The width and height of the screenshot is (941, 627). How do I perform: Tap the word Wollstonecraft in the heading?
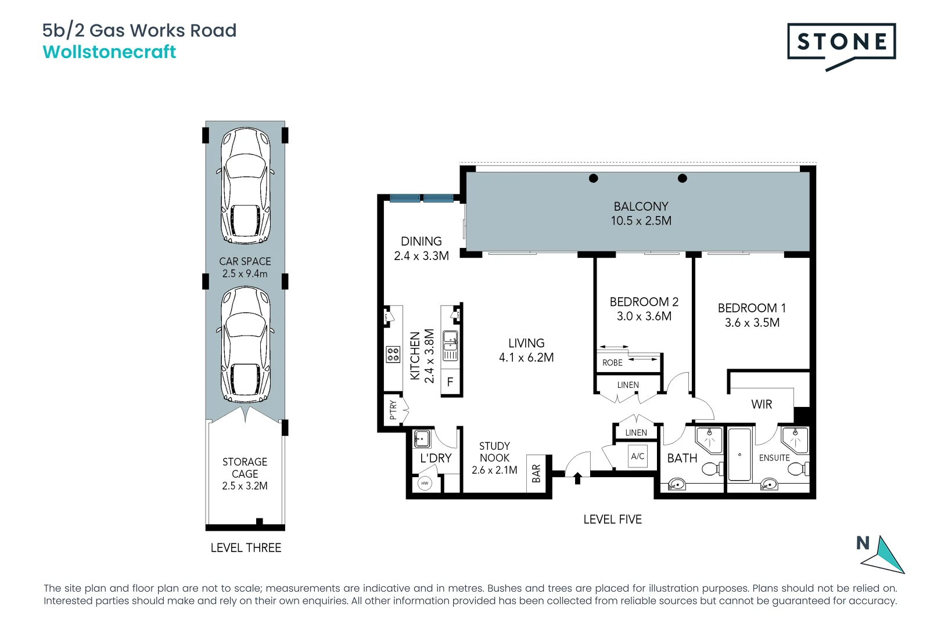(x=109, y=52)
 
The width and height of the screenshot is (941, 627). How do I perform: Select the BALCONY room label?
(x=641, y=207)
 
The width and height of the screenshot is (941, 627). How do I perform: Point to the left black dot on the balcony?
(x=593, y=178)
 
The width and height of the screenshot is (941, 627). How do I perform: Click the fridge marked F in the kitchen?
(x=450, y=383)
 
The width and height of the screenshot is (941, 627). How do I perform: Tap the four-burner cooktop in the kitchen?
(x=393, y=354)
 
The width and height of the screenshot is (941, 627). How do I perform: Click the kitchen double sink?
(x=450, y=345)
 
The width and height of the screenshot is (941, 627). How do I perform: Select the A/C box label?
(x=637, y=456)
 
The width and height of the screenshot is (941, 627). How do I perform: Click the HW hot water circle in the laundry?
(x=425, y=483)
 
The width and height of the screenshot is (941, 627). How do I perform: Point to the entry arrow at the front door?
(x=577, y=478)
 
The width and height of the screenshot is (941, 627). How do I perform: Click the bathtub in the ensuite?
(x=739, y=455)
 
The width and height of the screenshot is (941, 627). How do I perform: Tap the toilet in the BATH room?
(x=712, y=469)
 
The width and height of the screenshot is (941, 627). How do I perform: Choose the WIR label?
(x=762, y=405)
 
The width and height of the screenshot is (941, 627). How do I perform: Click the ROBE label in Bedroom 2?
(x=612, y=363)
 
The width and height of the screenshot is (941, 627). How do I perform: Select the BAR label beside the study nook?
(x=536, y=474)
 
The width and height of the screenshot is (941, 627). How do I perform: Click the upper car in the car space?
(x=245, y=186)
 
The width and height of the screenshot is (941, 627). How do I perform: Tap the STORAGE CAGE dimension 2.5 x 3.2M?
(x=245, y=486)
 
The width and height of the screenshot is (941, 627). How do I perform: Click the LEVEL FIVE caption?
(x=612, y=520)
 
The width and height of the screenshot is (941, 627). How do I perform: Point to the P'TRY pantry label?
(x=393, y=409)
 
